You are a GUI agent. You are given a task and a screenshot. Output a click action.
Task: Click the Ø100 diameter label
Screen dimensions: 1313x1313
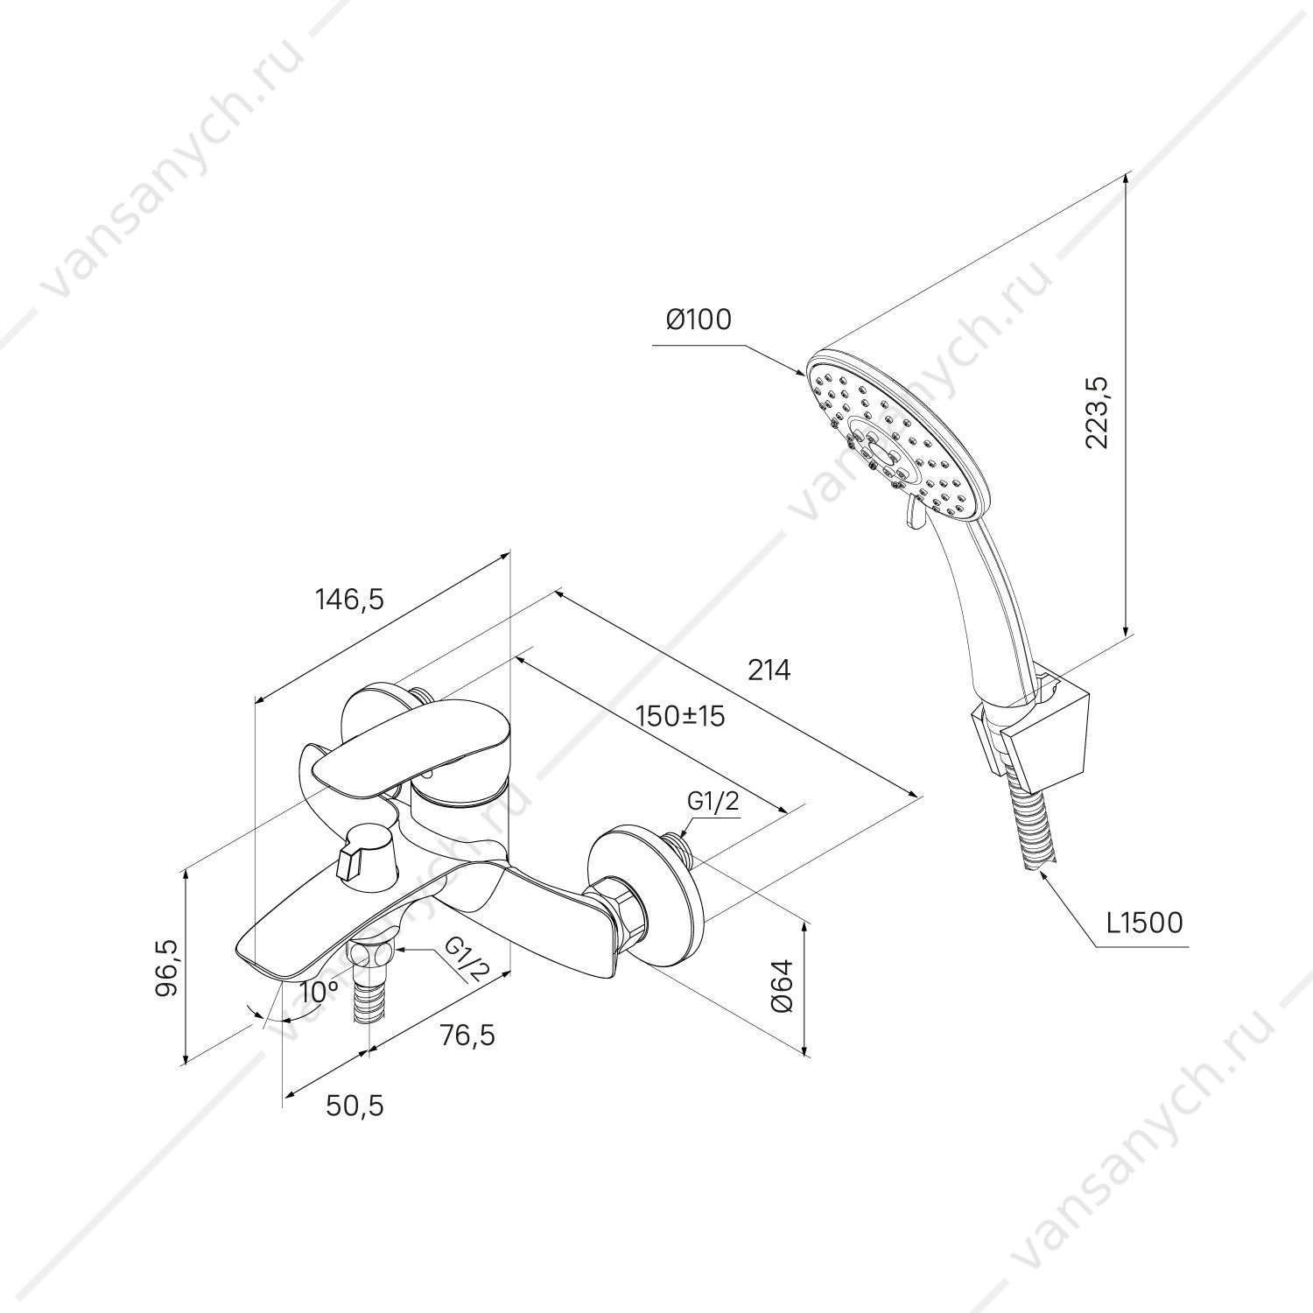tap(698, 320)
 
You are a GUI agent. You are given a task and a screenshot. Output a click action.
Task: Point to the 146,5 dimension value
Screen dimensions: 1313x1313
tap(349, 599)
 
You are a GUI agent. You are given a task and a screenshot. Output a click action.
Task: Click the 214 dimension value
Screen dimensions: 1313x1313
tap(769, 671)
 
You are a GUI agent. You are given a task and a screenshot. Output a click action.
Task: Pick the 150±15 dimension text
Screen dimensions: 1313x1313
tap(681, 716)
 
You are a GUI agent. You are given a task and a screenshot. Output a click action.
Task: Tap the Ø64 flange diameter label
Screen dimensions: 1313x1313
tap(783, 986)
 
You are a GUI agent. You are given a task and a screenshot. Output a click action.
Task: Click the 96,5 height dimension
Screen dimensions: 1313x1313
tap(169, 966)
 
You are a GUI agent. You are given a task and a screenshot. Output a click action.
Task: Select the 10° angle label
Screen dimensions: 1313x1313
tap(319, 992)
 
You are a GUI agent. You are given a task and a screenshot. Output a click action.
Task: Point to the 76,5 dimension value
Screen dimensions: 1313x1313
tap(467, 1035)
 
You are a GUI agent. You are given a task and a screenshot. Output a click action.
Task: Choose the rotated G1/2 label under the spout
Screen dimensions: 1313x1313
tap(462, 960)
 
